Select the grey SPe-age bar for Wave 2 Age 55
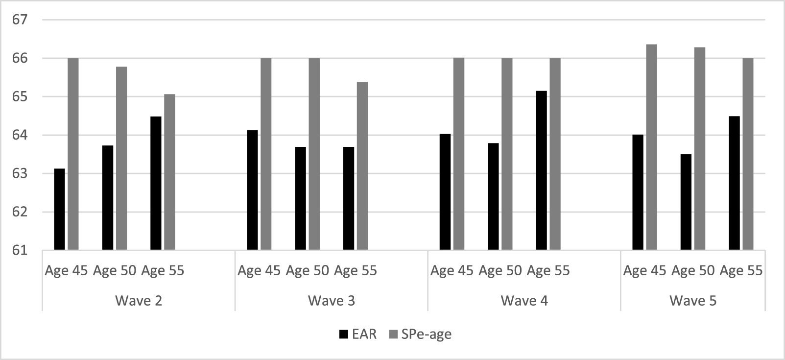(x=169, y=172)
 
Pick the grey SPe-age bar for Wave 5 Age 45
(x=651, y=147)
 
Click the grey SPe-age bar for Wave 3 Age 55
(x=362, y=166)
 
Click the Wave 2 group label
(x=139, y=301)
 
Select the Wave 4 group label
(x=524, y=301)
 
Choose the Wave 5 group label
(x=693, y=301)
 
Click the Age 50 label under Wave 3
(x=307, y=271)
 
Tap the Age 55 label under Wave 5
(x=741, y=271)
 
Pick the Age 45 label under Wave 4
(x=452, y=271)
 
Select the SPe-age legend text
(x=426, y=335)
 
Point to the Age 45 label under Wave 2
(x=66, y=271)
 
